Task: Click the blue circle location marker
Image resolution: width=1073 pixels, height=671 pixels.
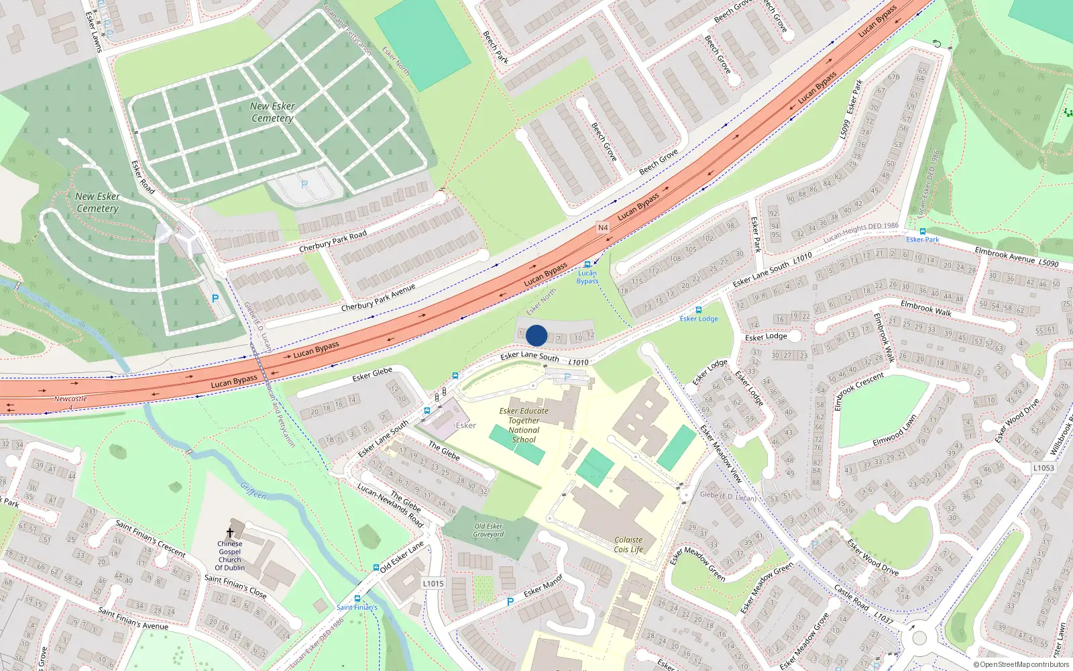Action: (536, 335)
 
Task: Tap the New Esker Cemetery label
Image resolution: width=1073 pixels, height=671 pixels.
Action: (272, 112)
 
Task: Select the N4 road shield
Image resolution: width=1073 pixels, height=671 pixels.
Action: (603, 228)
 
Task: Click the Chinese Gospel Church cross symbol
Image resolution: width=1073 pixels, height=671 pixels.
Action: (230, 533)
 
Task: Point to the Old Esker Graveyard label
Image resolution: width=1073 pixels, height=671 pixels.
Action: (488, 530)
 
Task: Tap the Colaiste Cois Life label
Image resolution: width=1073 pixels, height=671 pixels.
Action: (628, 544)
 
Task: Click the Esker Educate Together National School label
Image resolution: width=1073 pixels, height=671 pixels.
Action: (524, 425)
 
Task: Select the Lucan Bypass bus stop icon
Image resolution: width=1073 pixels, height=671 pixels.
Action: (587, 264)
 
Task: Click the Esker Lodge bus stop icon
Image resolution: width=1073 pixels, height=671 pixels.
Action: (699, 310)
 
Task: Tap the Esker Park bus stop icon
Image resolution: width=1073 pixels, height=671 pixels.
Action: (923, 231)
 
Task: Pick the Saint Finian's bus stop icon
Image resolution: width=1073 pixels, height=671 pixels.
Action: (357, 599)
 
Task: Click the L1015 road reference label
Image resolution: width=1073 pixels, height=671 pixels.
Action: (433, 583)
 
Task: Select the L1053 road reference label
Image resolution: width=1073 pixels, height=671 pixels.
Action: (1043, 468)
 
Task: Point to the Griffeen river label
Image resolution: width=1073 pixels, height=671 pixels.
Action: (253, 491)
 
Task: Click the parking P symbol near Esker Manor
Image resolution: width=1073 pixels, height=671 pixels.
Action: (510, 602)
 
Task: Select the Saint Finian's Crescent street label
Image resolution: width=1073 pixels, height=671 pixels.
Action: (150, 537)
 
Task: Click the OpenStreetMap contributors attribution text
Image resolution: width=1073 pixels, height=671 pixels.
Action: (1021, 665)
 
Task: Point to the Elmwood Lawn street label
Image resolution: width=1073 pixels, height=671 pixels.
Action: (894, 430)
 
